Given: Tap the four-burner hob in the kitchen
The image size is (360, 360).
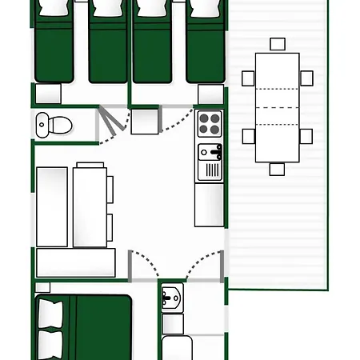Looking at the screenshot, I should click(210, 124).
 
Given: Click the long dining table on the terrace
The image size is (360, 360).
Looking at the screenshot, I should click(277, 107).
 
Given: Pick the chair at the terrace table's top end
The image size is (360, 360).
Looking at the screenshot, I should click(277, 45).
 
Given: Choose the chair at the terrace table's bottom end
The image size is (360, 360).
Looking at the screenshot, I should click(277, 169).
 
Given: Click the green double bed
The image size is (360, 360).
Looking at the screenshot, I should click(88, 328).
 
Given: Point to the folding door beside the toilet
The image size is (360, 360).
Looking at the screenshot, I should click(111, 124).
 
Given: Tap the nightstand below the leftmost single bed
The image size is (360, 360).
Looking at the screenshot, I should click(49, 94).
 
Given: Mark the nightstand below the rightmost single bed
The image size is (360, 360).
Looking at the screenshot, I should click(210, 94).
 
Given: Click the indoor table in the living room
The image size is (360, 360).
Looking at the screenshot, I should click(90, 204).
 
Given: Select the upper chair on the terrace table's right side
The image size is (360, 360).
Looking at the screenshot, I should click(306, 78).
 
